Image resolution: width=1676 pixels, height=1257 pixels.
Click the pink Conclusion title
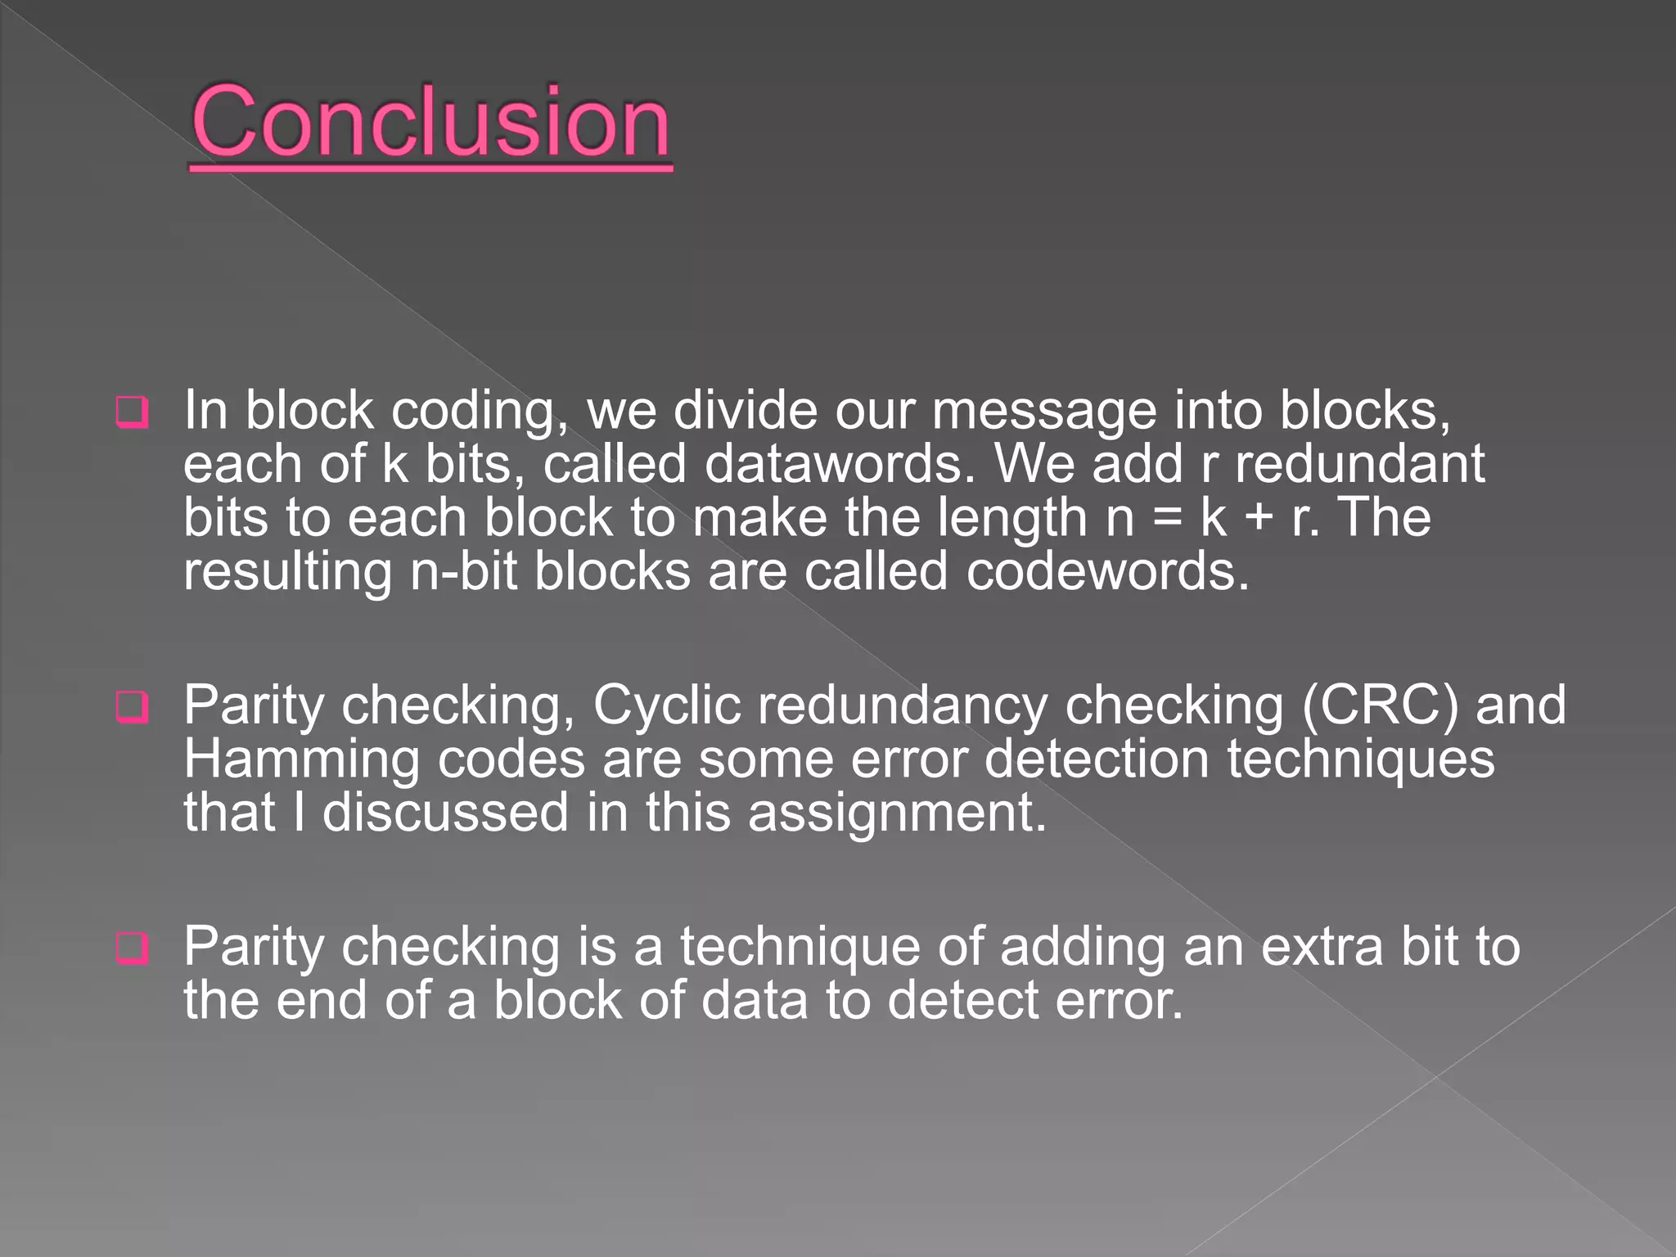point(431,123)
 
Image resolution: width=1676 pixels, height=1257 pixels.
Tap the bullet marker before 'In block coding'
point(133,412)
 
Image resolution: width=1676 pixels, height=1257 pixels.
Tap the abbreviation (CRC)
point(1380,705)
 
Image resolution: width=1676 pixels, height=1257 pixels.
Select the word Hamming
point(302,760)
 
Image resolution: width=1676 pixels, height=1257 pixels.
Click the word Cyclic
point(667,706)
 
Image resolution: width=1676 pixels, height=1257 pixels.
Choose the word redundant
point(1359,464)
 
